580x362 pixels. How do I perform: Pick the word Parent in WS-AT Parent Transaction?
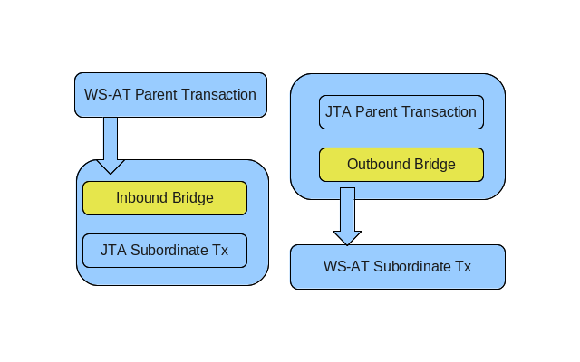(156, 95)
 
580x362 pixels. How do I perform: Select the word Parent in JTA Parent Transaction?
(376, 112)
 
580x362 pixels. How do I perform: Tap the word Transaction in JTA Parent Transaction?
(439, 112)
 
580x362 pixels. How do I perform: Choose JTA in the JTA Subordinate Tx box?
(113, 251)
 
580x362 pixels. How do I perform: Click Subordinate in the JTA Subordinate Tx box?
(169, 251)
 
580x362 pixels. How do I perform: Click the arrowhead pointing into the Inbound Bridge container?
(111, 166)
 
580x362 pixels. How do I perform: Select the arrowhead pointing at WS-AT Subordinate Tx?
(347, 237)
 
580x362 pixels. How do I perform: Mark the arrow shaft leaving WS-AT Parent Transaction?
(111, 138)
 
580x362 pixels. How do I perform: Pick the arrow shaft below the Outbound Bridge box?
(347, 210)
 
